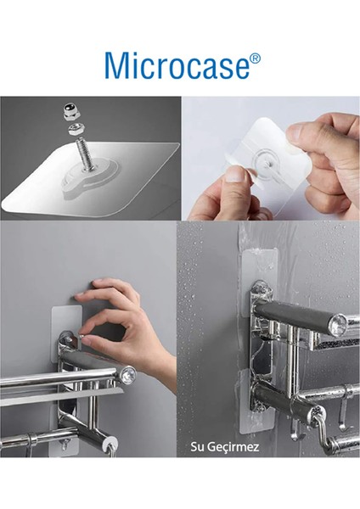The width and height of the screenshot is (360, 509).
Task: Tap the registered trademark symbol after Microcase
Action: click(x=256, y=58)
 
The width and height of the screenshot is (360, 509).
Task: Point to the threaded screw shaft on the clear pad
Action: click(x=83, y=154)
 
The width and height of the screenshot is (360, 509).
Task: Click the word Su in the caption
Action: click(x=197, y=447)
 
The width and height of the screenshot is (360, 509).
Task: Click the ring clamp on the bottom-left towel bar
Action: click(x=32, y=440)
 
